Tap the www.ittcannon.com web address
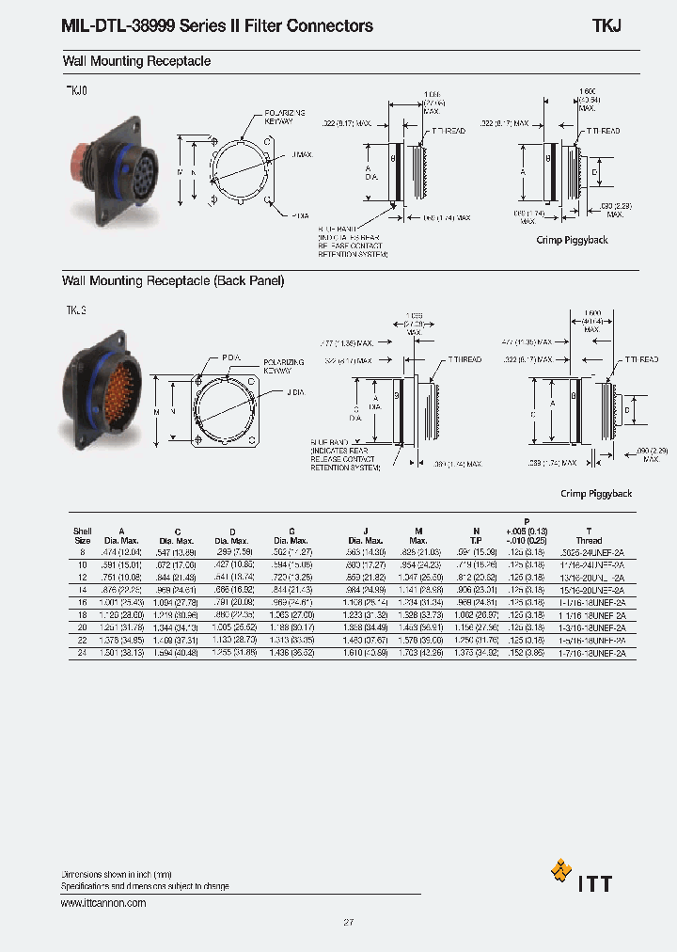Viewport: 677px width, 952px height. coord(103,903)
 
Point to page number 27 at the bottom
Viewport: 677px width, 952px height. coord(348,923)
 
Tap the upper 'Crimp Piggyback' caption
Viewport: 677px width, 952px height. coord(572,240)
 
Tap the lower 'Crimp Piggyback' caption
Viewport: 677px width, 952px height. coord(596,494)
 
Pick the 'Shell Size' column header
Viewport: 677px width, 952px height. coord(82,535)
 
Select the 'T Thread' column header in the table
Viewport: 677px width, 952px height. coord(589,535)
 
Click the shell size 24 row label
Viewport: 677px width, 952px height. coord(82,652)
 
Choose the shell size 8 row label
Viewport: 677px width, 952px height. coord(82,552)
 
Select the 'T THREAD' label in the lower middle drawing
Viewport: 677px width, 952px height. coord(464,359)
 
